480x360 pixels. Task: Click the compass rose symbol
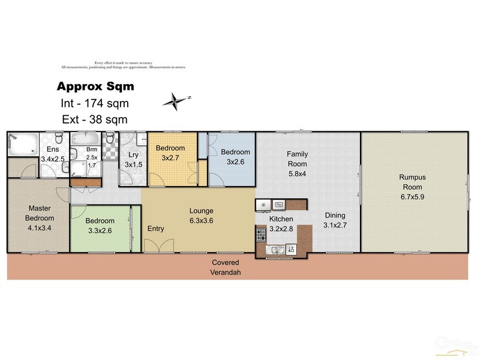click(x=175, y=101)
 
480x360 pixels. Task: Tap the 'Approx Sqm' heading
click(x=95, y=86)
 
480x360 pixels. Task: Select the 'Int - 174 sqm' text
click(x=95, y=103)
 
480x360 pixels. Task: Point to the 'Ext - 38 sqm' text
click(x=95, y=119)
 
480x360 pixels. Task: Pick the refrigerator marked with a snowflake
click(x=263, y=205)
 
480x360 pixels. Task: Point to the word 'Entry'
click(x=156, y=229)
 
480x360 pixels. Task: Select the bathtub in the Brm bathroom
click(x=83, y=138)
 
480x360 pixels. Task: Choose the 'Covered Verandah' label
click(x=225, y=267)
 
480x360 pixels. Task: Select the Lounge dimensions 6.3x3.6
click(x=201, y=220)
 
